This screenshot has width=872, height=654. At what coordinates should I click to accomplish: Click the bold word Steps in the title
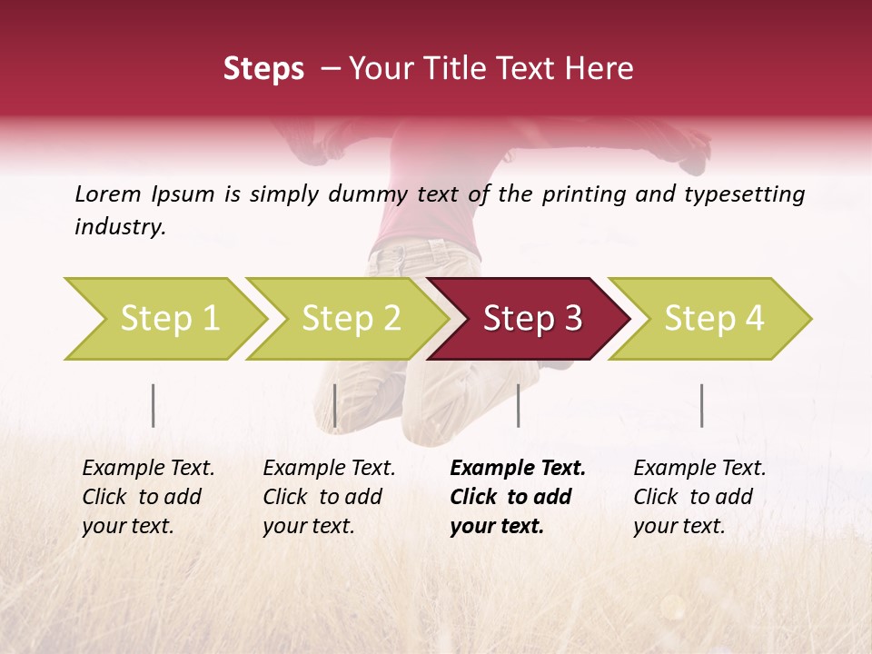click(x=263, y=69)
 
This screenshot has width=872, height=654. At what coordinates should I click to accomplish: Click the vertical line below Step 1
click(x=154, y=405)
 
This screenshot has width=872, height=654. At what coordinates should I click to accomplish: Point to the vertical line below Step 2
click(x=335, y=405)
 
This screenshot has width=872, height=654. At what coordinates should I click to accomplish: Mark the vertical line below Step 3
click(x=518, y=405)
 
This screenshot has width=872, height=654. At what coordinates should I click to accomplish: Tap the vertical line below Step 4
click(x=701, y=405)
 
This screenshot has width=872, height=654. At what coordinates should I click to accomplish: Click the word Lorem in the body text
click(x=108, y=193)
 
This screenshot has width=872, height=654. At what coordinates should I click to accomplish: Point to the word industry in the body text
click(x=120, y=227)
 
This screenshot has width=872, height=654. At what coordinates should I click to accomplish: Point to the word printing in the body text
click(x=582, y=194)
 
